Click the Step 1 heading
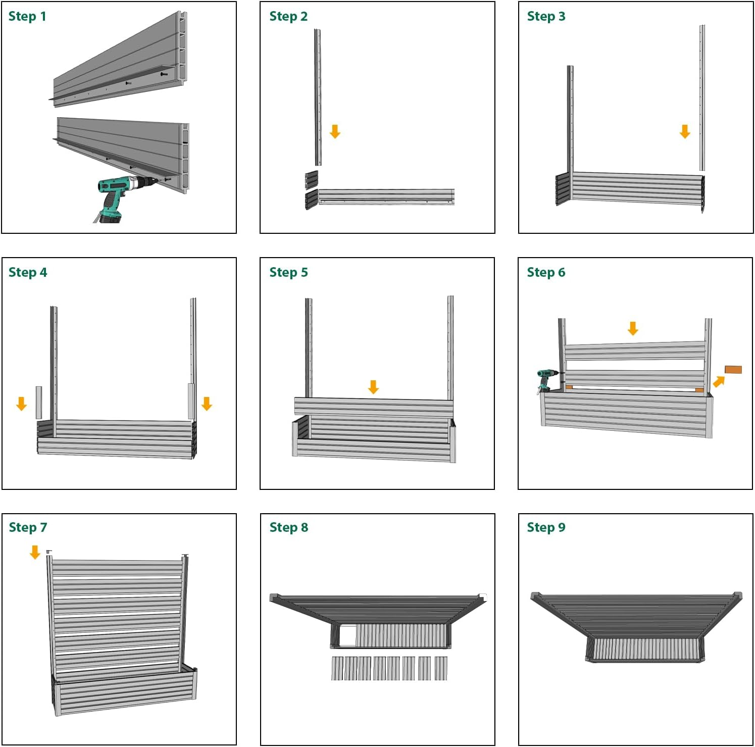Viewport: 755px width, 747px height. pos(27,17)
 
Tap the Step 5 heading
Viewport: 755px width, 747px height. pos(288,273)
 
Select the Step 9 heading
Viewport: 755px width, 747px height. pos(546,528)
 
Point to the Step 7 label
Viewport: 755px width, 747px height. pos(28,528)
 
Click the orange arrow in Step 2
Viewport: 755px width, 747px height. pos(335,131)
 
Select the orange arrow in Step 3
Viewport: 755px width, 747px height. pos(685,131)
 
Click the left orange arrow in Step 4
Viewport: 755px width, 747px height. pos(21,404)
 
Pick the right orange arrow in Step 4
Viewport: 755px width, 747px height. pos(207,404)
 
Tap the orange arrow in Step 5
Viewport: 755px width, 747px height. pos(373,387)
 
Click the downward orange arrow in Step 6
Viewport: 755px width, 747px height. pos(633,328)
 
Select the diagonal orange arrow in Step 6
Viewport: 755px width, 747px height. pos(719,381)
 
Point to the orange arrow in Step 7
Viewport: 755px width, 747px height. pos(35,552)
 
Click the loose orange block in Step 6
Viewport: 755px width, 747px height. pos(733,370)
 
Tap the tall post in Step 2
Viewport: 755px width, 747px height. pos(318,97)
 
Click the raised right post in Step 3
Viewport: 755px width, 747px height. pos(702,97)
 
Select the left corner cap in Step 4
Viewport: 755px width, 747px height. pos(39,403)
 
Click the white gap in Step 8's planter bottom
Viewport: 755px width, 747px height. pos(347,635)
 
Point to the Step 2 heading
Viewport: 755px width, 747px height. pos(288,17)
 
